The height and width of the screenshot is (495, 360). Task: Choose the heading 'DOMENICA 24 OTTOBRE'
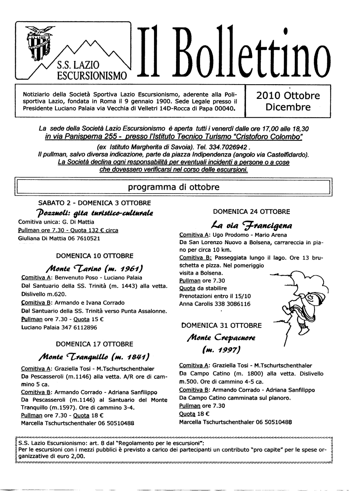tap(251, 212)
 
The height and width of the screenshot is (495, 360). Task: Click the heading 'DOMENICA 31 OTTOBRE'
tap(222, 326)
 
